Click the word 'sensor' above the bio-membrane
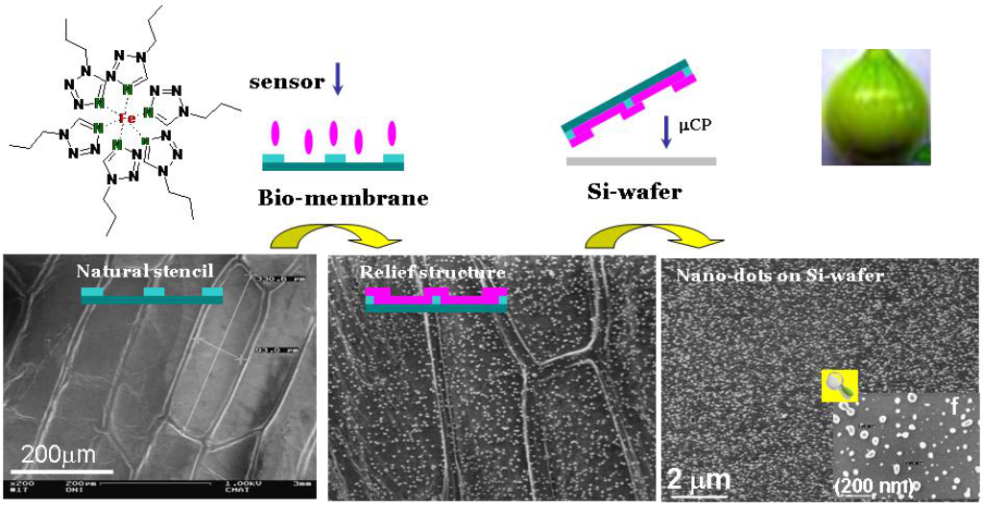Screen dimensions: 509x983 pos(286,82)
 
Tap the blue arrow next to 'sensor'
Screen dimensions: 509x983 pos(337,82)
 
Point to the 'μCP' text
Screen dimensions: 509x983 pos(695,126)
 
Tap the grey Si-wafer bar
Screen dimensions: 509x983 pos(640,161)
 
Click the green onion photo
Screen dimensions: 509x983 pos(875,107)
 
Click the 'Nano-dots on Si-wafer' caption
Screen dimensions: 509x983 pos(779,276)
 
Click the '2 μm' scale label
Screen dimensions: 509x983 pos(699,477)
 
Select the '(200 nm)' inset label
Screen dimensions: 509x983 pos(873,486)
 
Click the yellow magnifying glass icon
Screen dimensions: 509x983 pos(838,385)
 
